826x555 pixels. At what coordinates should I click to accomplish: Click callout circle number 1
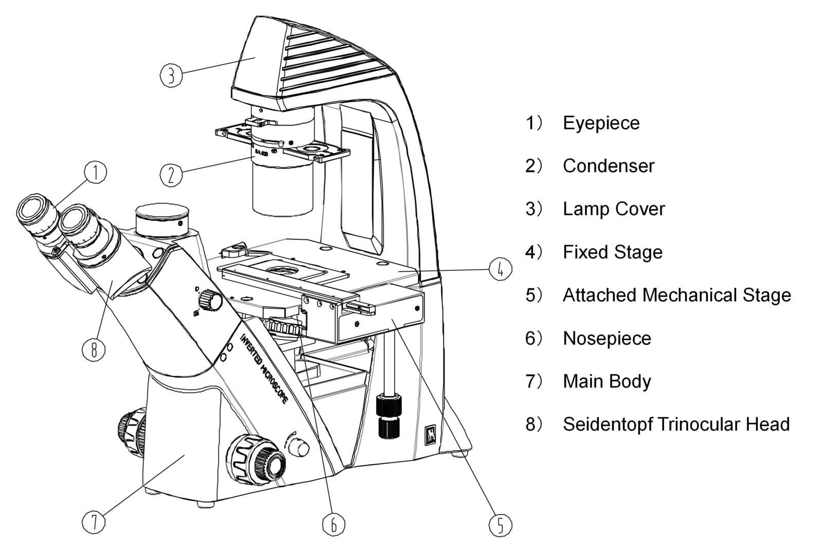(96, 173)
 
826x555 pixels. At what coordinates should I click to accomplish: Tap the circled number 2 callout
(171, 175)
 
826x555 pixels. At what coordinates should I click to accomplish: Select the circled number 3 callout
(171, 75)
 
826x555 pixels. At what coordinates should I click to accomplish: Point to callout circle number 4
(500, 269)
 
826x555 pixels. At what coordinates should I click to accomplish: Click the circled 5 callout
(500, 525)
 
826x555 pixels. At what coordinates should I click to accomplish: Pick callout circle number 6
(333, 524)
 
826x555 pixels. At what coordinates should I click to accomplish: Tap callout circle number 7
(94, 523)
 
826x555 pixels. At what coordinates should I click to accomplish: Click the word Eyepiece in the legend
(601, 123)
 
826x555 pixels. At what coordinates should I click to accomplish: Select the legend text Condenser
(608, 166)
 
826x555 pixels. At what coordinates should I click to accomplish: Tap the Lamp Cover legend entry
(613, 209)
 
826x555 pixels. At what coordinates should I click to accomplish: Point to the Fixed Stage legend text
(612, 252)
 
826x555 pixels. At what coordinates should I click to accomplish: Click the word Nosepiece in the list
(607, 338)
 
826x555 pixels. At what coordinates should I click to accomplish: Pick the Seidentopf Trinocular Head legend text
(676, 424)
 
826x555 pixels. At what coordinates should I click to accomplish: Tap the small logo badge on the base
(430, 435)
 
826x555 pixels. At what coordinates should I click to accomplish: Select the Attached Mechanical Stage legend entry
(676, 295)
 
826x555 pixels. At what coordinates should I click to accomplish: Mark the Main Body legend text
(607, 381)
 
